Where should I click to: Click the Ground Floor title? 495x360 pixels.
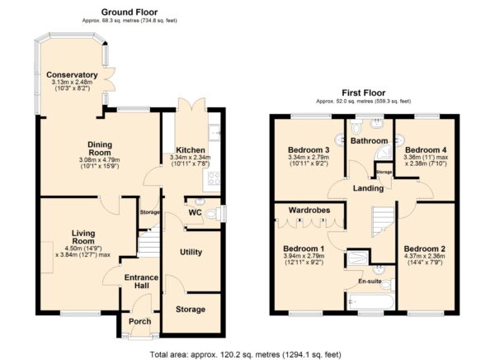(x=130, y=12)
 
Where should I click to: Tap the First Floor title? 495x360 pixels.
(x=364, y=93)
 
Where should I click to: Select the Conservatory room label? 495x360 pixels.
(x=72, y=75)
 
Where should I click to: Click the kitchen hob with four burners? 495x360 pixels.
(x=214, y=178)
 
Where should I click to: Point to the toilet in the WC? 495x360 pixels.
(x=212, y=215)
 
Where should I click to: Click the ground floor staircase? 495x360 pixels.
(x=148, y=242)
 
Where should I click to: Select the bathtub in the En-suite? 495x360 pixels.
(x=370, y=302)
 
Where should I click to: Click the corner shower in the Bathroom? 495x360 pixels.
(x=384, y=152)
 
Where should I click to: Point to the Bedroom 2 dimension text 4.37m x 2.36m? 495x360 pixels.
(x=425, y=256)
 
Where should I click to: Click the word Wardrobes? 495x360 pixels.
(x=309, y=211)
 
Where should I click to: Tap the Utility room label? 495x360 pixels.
(x=191, y=252)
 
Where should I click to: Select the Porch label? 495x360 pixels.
(x=140, y=321)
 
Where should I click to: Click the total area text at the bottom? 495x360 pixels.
(x=246, y=354)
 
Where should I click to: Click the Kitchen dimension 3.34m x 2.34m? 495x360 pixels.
(x=191, y=158)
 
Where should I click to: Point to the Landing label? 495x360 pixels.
(x=368, y=188)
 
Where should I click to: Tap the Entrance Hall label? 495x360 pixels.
(x=141, y=282)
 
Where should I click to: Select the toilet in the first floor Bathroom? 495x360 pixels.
(x=356, y=128)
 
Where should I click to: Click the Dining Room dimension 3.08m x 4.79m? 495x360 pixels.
(x=100, y=160)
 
